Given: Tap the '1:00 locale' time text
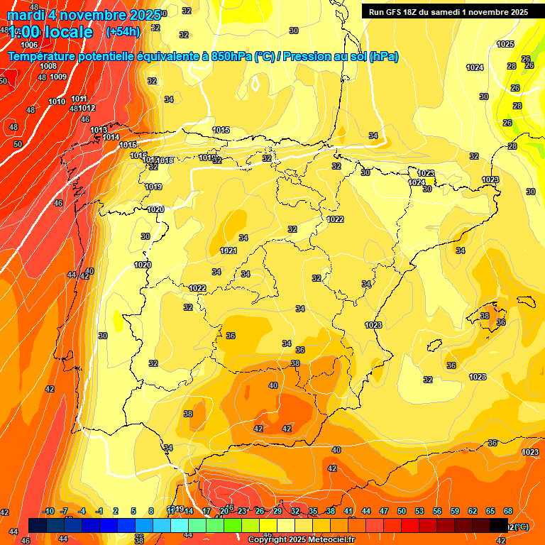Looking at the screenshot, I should click(50, 32).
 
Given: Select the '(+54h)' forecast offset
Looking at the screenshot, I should click(123, 32).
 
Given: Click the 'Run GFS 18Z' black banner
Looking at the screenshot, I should click(446, 12).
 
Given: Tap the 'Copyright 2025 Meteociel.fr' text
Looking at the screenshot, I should click(301, 540).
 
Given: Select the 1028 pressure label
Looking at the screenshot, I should click(478, 377).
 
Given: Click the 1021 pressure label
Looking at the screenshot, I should click(228, 251).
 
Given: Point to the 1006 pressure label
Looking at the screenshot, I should click(29, 45).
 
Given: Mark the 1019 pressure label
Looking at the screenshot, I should click(154, 187).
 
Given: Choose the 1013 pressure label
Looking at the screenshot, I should click(99, 130).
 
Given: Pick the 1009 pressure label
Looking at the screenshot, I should click(58, 77).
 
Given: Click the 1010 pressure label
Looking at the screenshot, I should click(57, 101).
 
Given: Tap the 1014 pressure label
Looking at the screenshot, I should click(111, 137).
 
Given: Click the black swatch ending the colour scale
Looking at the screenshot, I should click(499, 524).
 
